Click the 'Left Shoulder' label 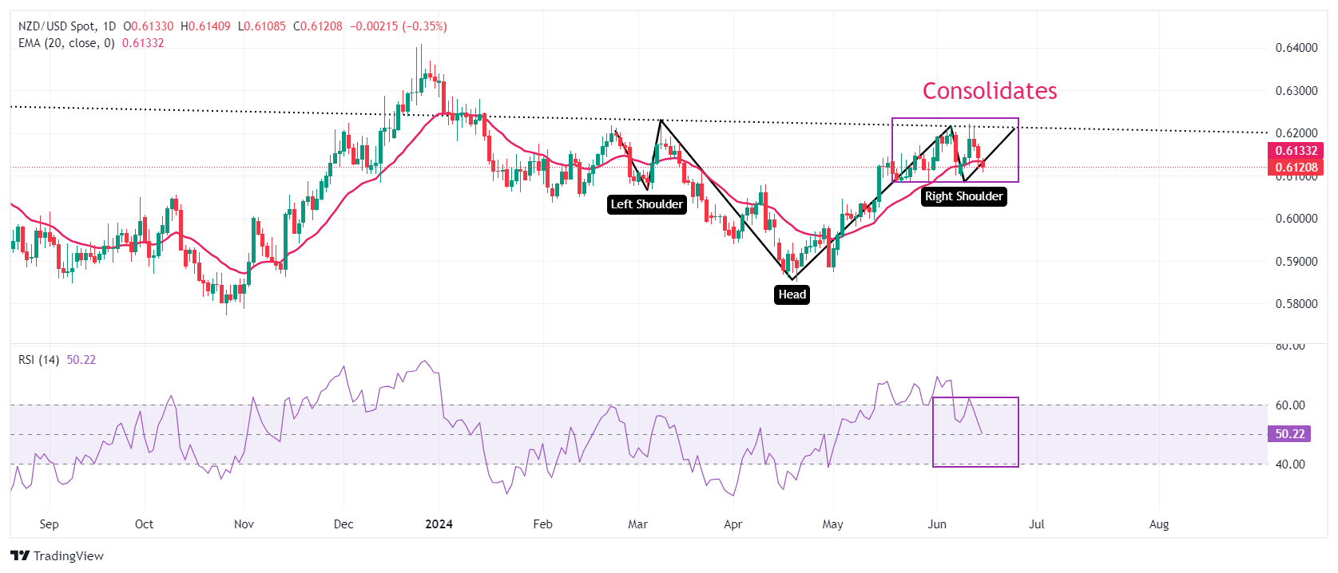click(647, 204)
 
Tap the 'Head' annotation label click(792, 294)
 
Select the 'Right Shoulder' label click(963, 196)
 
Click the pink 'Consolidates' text click(990, 91)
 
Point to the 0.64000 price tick click(1296, 48)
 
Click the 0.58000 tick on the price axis click(1296, 304)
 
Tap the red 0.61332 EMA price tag click(1296, 151)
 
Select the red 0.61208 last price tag click(1296, 168)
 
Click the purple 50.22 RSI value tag click(1289, 434)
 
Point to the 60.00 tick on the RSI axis click(1290, 405)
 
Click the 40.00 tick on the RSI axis click(1290, 464)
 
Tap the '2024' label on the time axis click(439, 524)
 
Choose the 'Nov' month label click(244, 524)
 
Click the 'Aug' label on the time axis click(1158, 524)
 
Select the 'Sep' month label click(49, 524)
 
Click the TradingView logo click(58, 556)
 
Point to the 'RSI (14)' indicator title click(38, 360)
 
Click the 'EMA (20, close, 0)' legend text click(66, 43)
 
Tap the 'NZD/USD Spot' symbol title click(57, 26)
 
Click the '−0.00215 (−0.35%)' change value click(398, 26)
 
